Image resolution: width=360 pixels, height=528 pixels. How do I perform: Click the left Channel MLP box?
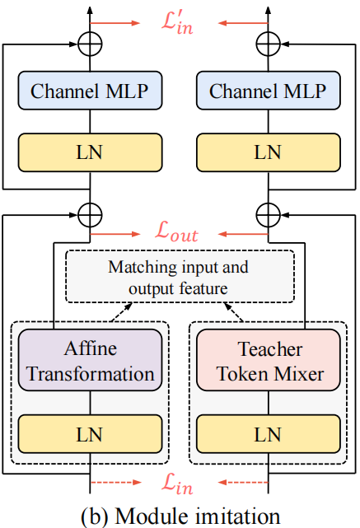90,91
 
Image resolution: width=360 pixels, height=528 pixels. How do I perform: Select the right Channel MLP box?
268,91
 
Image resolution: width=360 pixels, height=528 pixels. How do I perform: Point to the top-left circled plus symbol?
90,43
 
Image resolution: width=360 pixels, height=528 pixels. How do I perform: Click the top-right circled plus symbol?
268,43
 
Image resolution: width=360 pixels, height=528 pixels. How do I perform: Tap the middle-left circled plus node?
90,216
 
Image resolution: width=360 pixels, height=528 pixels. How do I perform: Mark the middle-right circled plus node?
268,216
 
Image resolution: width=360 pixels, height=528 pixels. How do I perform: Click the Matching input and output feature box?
179,278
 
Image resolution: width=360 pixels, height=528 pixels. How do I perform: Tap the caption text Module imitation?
179,515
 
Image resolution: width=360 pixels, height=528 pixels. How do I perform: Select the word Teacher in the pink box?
268,348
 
